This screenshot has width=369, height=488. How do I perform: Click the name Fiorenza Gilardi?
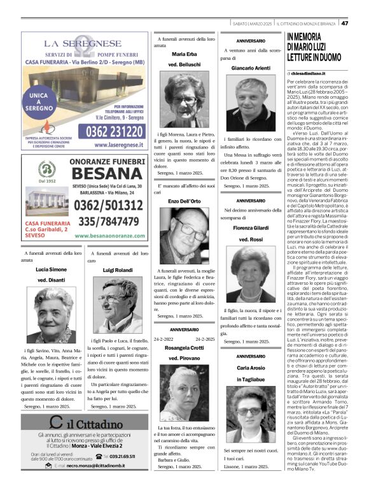(x=251, y=227)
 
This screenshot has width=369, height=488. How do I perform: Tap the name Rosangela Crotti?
(x=184, y=348)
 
